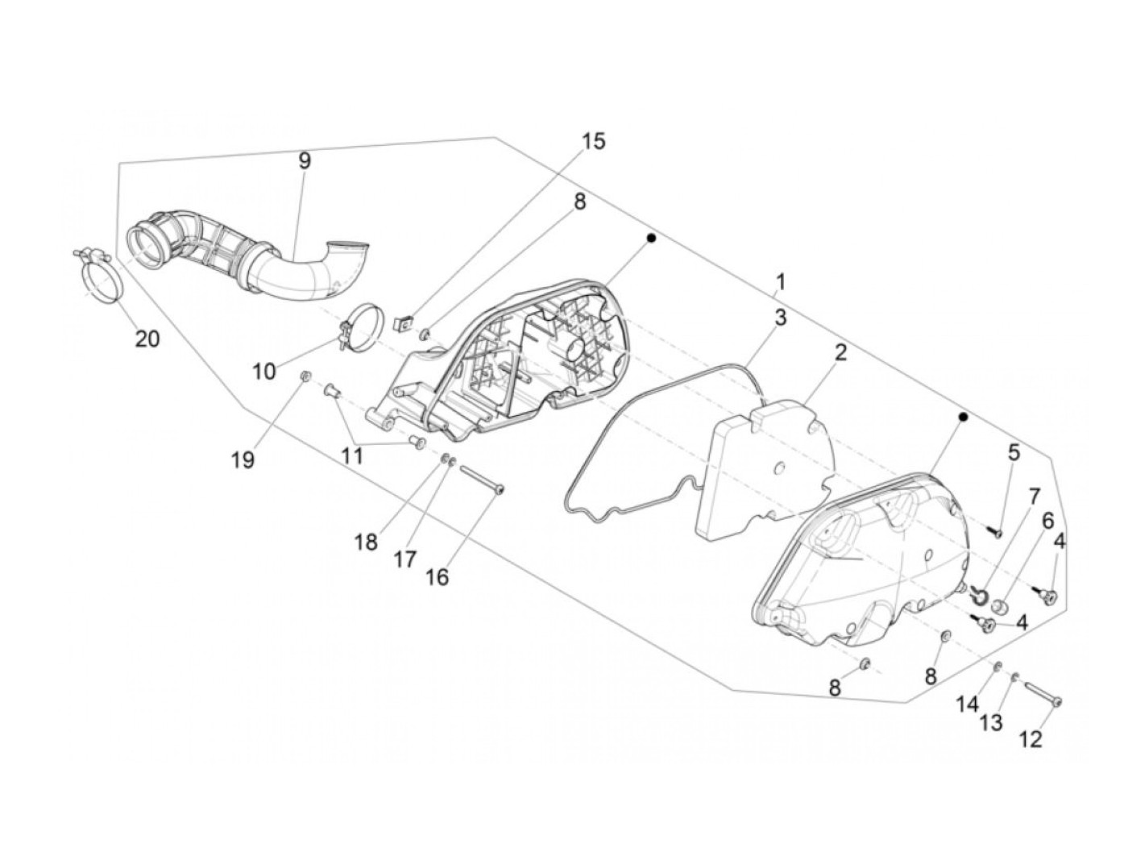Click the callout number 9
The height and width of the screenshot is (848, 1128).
click(304, 160)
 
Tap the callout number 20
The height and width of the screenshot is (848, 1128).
click(147, 339)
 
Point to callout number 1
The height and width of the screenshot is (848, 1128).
click(780, 281)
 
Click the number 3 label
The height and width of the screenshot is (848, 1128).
click(780, 318)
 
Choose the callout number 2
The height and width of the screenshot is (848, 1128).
click(840, 352)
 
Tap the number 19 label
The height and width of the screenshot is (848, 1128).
click(243, 459)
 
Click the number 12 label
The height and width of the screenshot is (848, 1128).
click(1031, 738)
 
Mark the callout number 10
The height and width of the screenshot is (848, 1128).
click(263, 371)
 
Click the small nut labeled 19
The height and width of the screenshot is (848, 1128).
click(305, 376)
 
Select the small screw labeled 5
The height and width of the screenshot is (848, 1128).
click(993, 531)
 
